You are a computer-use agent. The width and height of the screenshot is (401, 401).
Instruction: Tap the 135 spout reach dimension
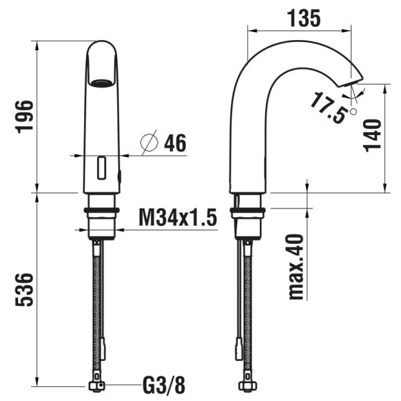(x=300, y=18)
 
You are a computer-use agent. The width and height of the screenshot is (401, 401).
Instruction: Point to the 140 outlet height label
(x=374, y=136)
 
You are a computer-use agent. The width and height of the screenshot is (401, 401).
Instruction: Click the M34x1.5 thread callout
(x=177, y=218)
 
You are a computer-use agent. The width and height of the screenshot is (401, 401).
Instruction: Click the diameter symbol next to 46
(x=149, y=142)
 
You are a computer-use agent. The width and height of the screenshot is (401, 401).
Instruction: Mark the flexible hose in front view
(x=102, y=301)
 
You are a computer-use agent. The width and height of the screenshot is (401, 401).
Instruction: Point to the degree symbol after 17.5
(x=354, y=112)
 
